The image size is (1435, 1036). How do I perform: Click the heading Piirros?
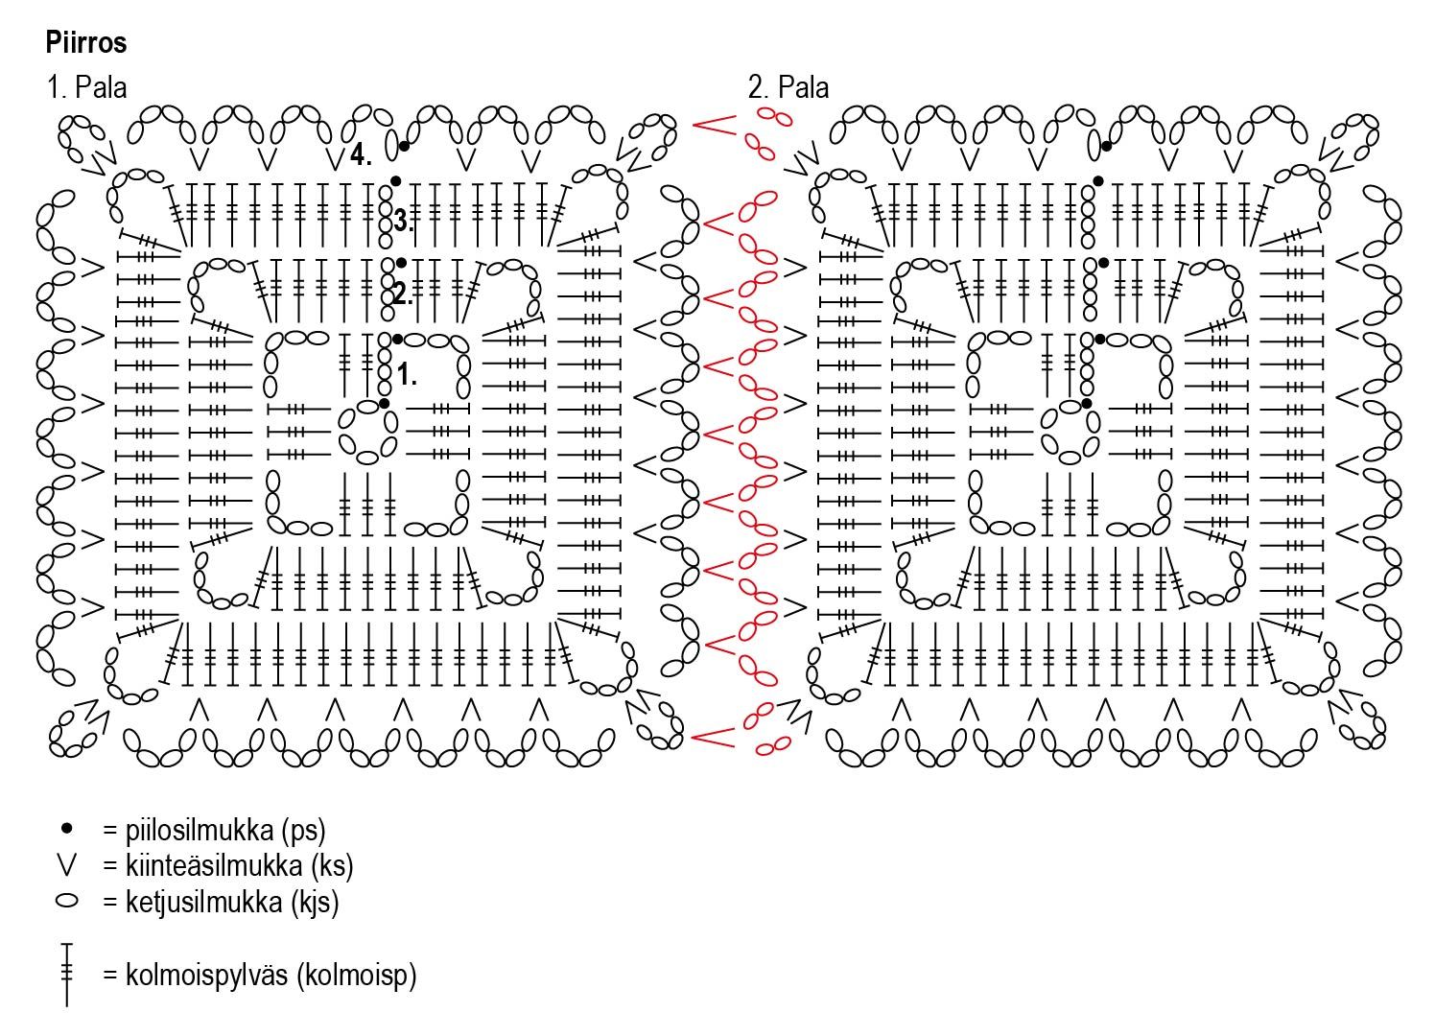click(85, 43)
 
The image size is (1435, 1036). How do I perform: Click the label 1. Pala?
click(86, 88)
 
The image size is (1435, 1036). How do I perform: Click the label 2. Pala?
click(788, 88)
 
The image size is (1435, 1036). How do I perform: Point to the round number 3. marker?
click(403, 222)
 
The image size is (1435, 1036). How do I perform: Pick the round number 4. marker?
click(361, 154)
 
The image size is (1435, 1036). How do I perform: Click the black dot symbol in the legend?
click(66, 827)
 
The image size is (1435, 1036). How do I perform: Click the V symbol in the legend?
click(66, 864)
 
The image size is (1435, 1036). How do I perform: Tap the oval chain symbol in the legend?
click(66, 902)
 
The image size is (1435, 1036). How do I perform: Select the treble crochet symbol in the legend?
click(66, 975)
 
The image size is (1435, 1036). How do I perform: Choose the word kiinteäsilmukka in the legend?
click(203, 865)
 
